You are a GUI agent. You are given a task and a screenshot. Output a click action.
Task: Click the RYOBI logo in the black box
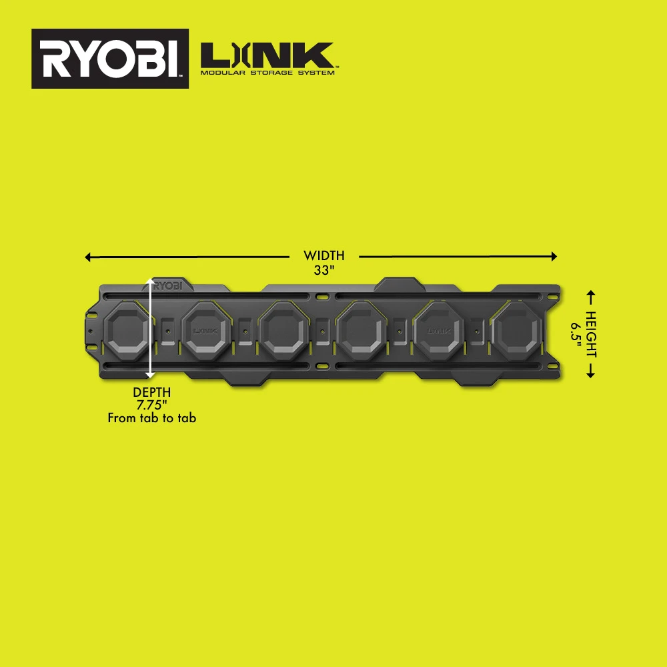110,59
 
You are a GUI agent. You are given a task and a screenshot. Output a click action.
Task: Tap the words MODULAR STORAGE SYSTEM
268,73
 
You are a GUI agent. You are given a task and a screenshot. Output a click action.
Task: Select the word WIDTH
323,255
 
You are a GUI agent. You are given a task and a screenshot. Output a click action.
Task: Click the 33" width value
323,271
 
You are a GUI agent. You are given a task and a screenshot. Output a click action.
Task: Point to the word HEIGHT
591,333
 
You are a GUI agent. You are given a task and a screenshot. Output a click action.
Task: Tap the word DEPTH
151,392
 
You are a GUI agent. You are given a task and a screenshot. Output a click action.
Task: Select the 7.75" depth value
151,405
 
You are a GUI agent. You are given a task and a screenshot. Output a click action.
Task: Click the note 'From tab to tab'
151,418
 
